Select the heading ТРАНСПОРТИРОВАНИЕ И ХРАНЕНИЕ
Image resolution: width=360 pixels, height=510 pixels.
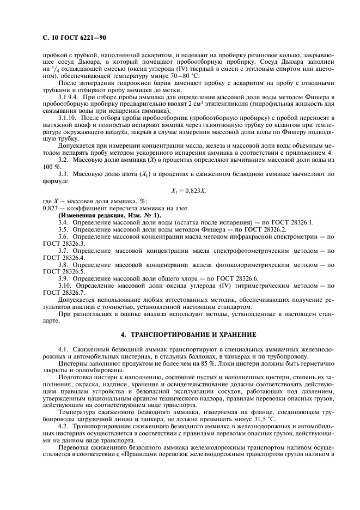[187, 333]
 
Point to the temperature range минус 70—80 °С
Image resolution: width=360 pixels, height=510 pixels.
[173, 76]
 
